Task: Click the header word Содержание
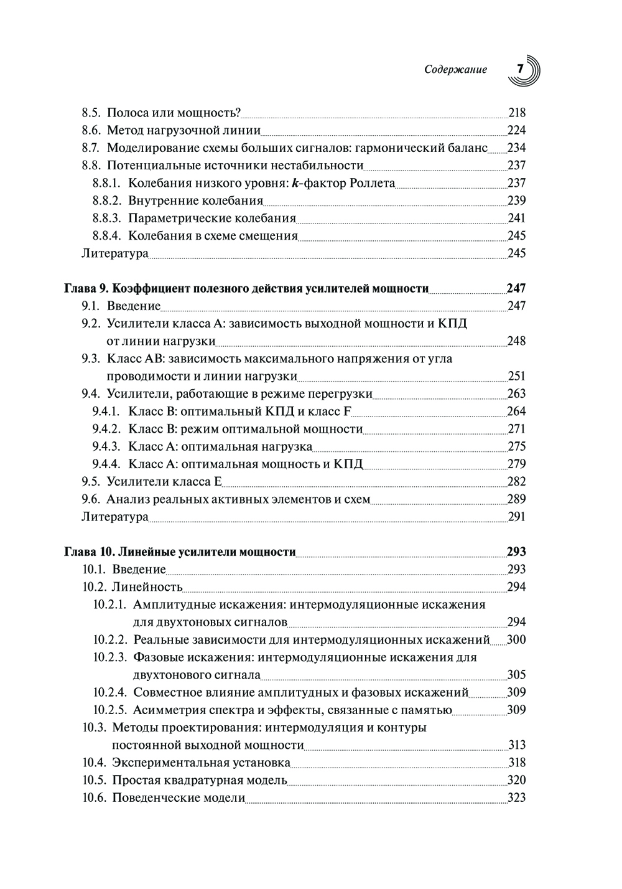(455, 70)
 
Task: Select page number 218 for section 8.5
(517, 113)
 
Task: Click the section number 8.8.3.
(108, 218)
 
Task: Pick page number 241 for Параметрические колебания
(517, 218)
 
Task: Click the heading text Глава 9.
(87, 288)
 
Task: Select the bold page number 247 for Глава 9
(516, 288)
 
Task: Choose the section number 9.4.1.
(108, 411)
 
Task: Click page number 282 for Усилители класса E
(517, 481)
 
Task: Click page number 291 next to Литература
(517, 517)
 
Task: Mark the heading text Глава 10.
(90, 552)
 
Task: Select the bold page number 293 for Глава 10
(516, 552)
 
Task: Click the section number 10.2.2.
(111, 639)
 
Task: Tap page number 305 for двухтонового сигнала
(517, 675)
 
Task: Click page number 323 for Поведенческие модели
(517, 797)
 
